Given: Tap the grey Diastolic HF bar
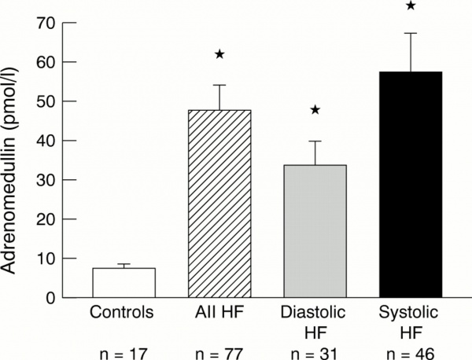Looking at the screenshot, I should pos(314,231).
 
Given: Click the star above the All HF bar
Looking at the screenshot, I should pos(219,54).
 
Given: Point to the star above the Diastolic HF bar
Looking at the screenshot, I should pos(314,110).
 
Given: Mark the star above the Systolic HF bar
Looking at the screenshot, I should pos(410,6).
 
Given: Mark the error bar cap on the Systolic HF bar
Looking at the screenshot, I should pos(409,33).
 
